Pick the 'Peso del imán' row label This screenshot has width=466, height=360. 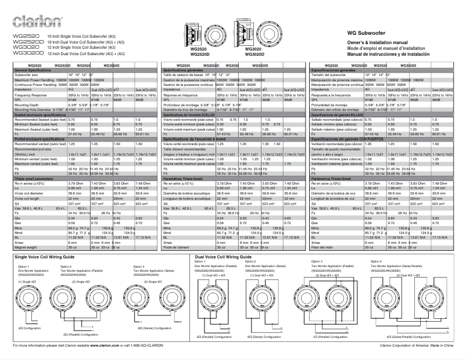[x=325, y=231]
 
